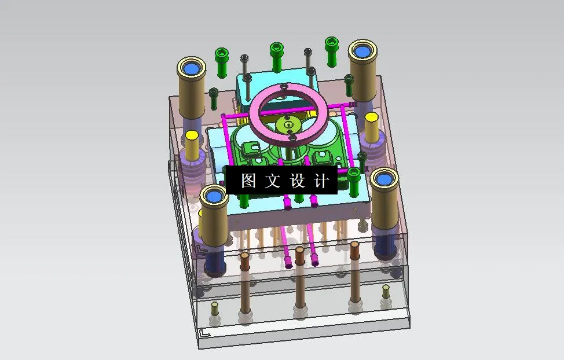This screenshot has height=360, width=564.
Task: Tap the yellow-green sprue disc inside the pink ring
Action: [287, 124]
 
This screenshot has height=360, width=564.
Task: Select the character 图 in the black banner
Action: [248, 181]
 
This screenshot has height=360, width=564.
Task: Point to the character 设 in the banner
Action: [297, 181]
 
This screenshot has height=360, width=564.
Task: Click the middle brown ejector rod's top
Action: [300, 252]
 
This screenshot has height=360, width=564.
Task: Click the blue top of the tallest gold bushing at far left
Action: [191, 69]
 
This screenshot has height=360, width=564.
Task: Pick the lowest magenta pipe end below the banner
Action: [288, 266]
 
